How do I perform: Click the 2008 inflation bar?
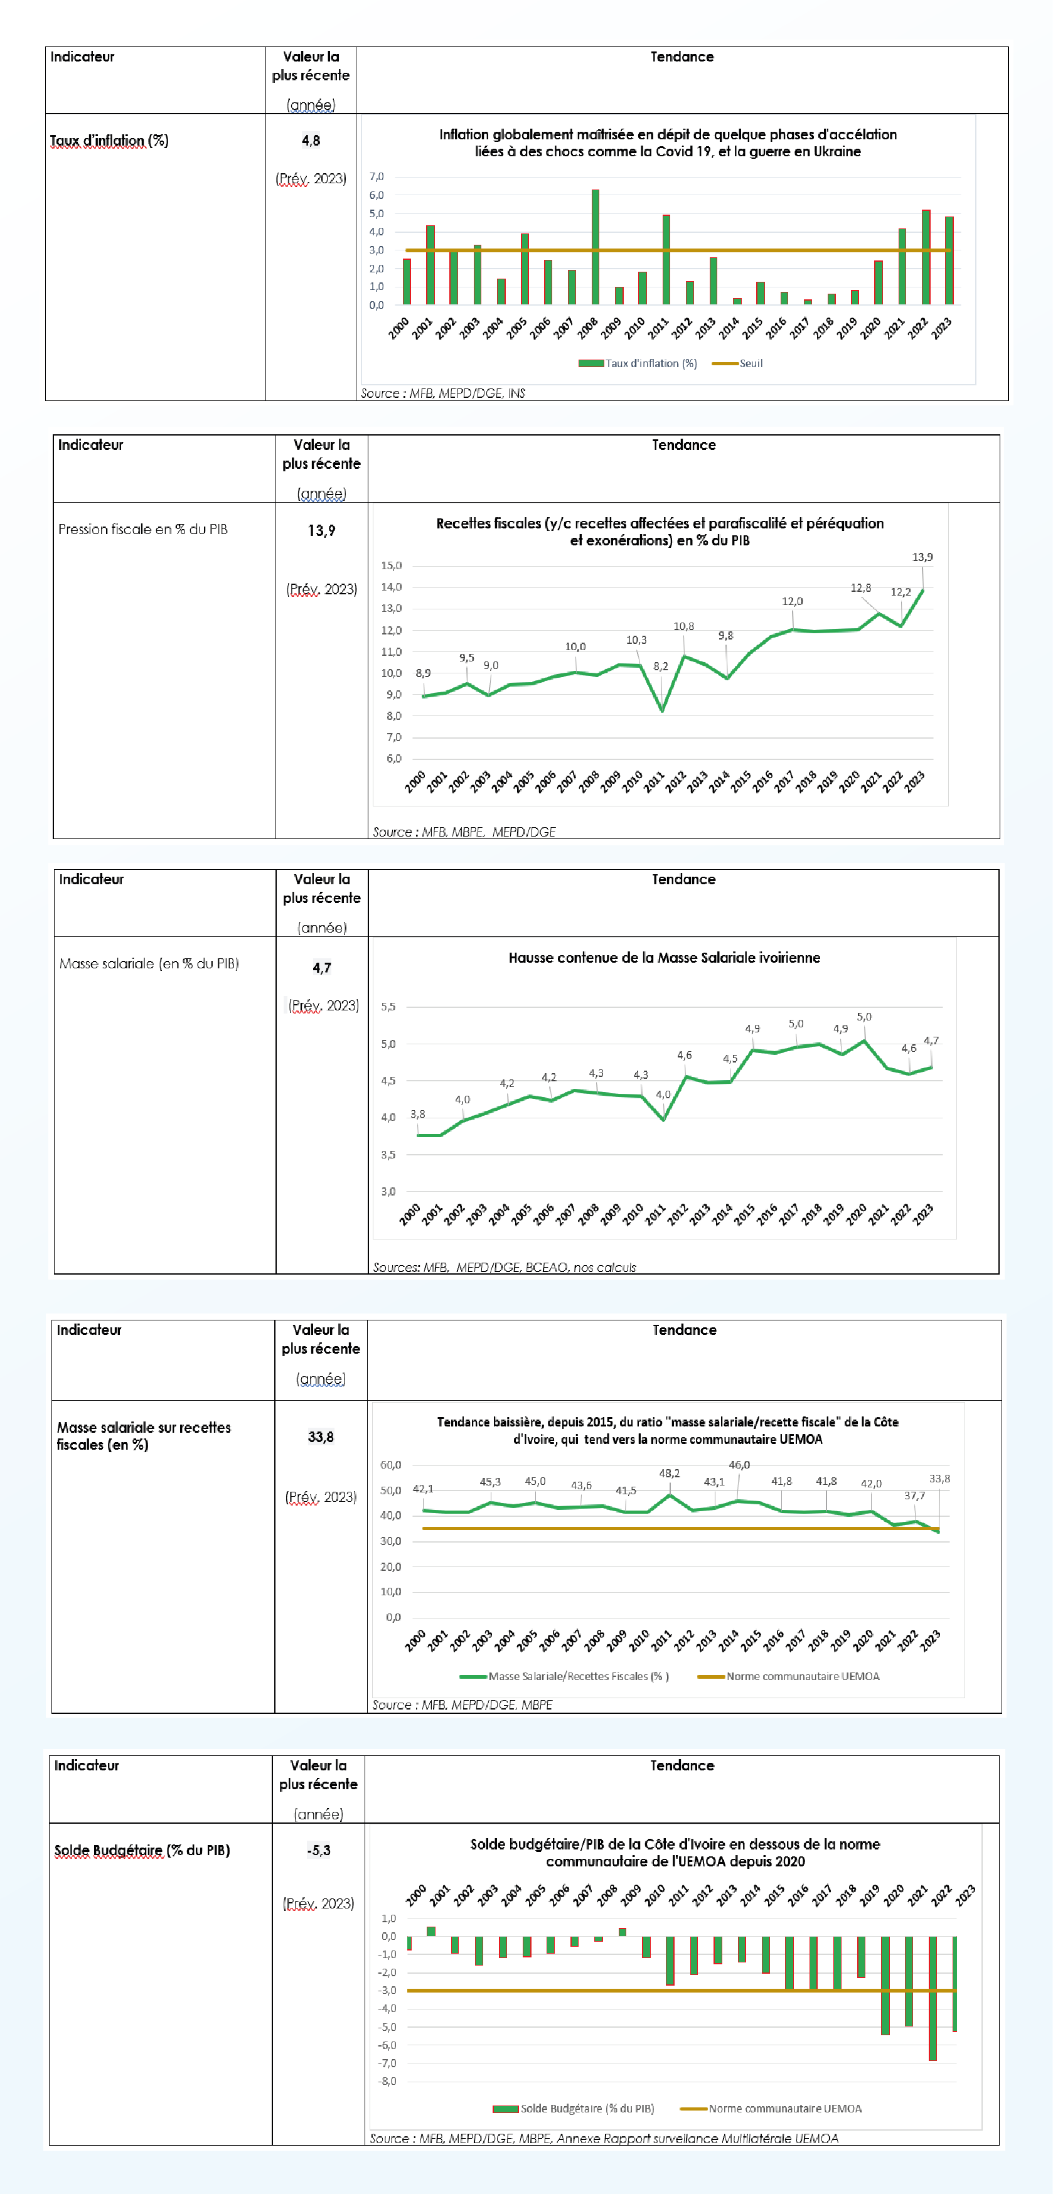tap(596, 247)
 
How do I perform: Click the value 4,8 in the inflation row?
tap(311, 141)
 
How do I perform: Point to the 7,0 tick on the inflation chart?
tap(377, 177)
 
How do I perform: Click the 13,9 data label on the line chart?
tap(922, 557)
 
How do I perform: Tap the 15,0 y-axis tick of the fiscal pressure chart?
tap(391, 565)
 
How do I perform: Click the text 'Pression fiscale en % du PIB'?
tap(142, 529)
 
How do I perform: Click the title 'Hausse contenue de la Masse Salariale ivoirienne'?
tap(665, 957)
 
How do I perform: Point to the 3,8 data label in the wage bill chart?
tap(417, 1114)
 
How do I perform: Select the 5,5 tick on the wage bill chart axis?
tap(388, 1007)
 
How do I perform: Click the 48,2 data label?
tap(670, 1472)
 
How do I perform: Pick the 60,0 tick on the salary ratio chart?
tap(391, 1465)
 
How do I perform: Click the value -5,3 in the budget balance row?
tap(319, 1850)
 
